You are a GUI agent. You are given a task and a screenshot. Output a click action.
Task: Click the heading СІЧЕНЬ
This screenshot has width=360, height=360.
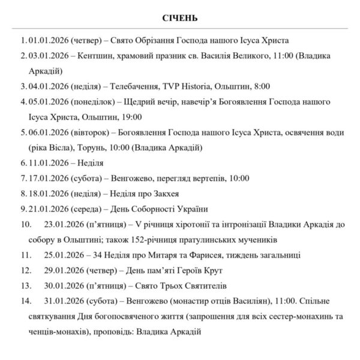(180, 17)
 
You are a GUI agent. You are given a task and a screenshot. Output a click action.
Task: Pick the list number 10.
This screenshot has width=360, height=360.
(25, 224)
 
